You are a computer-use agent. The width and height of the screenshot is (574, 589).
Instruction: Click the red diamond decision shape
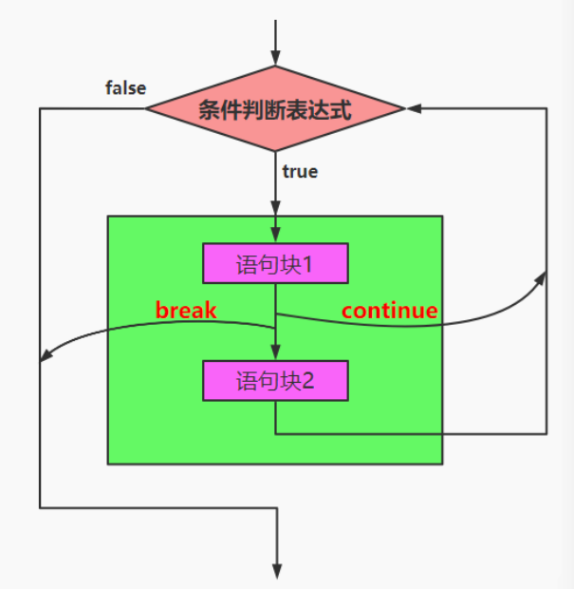pos(275,108)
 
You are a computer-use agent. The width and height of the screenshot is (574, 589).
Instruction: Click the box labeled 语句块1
pos(275,263)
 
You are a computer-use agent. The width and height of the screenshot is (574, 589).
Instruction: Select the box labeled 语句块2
pos(275,381)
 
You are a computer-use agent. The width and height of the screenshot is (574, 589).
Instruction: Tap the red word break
pos(186,310)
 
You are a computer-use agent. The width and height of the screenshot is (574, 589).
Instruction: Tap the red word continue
pos(389,310)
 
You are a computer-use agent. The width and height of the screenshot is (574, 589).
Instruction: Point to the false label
pos(125,88)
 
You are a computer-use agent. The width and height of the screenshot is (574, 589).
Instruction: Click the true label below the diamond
pos(300,172)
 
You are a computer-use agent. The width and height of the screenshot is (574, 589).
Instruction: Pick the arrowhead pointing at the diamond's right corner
pos(414,108)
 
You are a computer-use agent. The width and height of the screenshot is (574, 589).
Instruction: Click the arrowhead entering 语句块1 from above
pos(276,237)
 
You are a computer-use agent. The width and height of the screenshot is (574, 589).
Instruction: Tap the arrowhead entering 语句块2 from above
pos(276,354)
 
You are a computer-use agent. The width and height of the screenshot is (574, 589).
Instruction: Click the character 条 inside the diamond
pos(208,109)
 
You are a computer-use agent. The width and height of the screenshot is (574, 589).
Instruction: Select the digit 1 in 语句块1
pos(308,264)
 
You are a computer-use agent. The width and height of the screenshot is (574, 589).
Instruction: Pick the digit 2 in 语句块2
pos(307,382)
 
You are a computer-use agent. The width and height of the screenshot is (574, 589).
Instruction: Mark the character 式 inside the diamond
pos(342,109)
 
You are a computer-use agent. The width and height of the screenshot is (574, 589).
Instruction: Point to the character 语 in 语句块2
pos(246,382)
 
